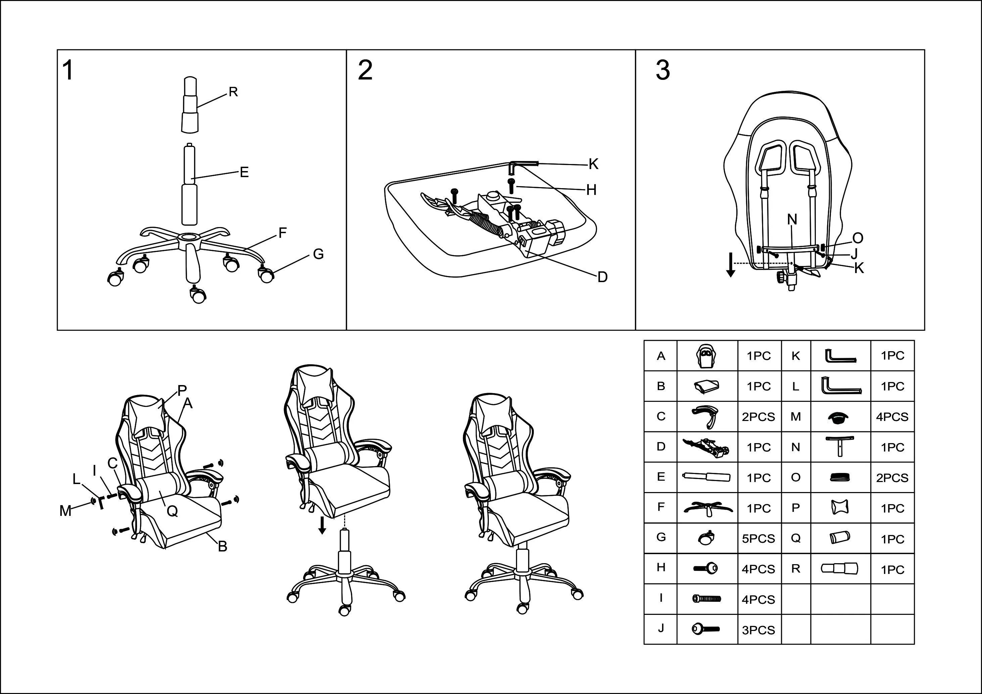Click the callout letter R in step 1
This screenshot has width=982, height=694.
click(x=233, y=92)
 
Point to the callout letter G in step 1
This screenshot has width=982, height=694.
click(x=318, y=254)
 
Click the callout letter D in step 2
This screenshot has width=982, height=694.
click(x=602, y=277)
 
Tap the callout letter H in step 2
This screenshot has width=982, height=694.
click(x=592, y=190)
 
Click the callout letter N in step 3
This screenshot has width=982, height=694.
click(x=792, y=220)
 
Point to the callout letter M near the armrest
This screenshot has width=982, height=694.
click(x=65, y=511)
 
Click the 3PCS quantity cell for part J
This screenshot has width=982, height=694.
click(x=758, y=630)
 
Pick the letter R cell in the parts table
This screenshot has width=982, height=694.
click(x=796, y=569)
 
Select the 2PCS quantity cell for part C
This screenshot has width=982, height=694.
click(x=758, y=417)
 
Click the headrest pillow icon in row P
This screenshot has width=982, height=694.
click(x=840, y=508)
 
